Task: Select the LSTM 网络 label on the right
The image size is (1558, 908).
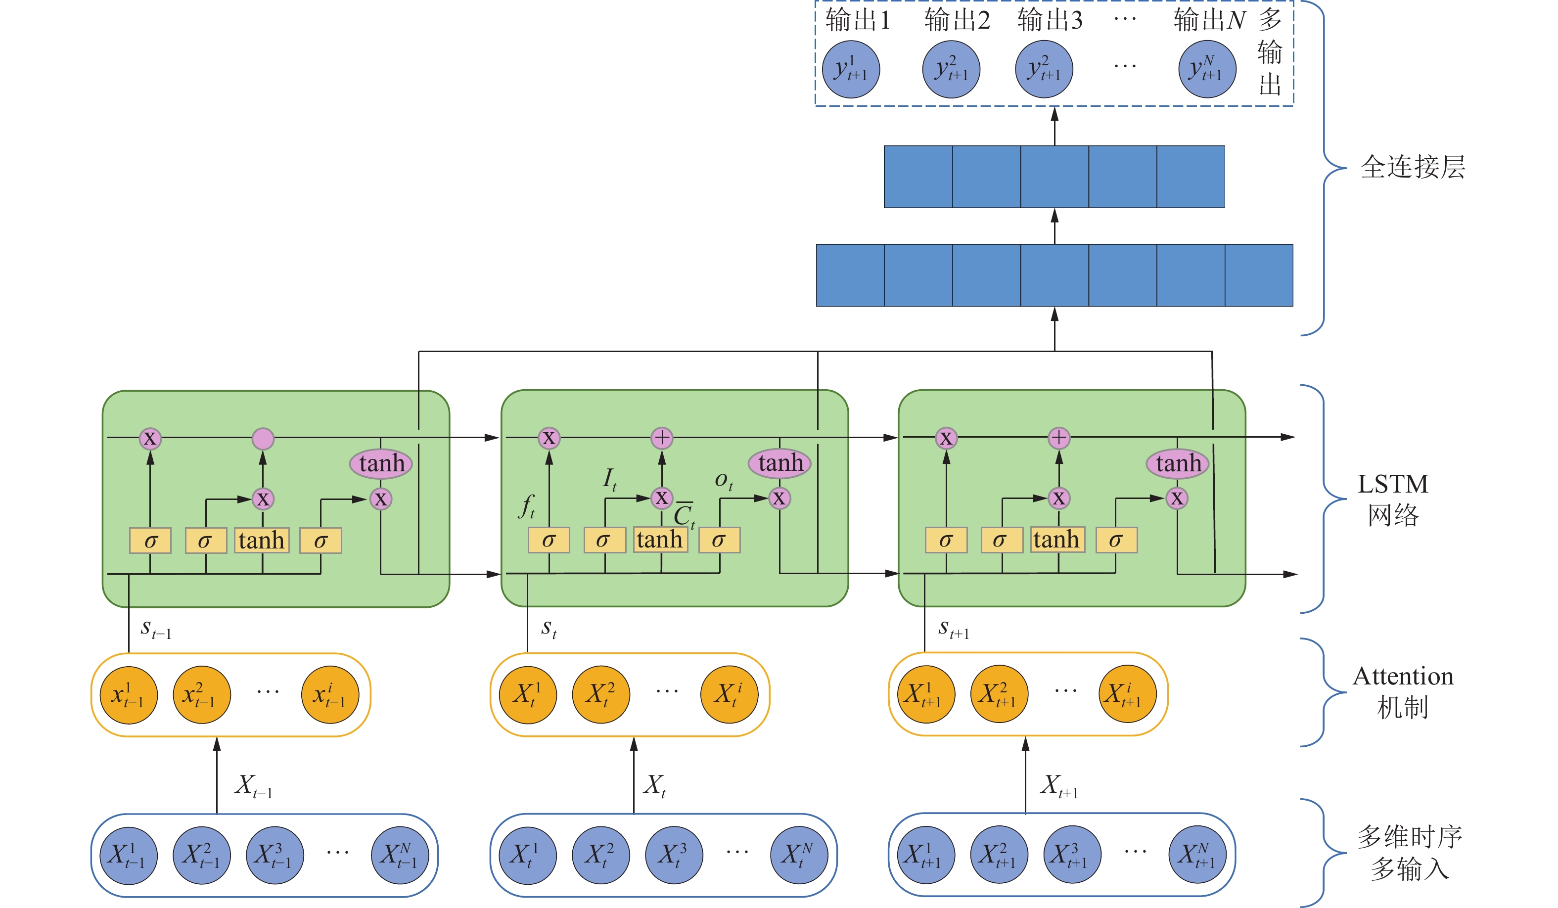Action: (x=1392, y=499)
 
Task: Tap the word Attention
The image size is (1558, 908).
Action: (x=1402, y=676)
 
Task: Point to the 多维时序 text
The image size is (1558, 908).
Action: (x=1409, y=836)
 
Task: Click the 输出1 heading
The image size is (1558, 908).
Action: (x=858, y=20)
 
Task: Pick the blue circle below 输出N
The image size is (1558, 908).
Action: (x=1207, y=69)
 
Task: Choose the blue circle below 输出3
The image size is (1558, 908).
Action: (x=1044, y=69)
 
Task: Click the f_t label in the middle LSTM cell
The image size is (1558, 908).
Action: (x=526, y=506)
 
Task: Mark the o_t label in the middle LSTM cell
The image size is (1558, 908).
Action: (x=723, y=480)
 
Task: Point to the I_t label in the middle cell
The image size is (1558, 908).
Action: (x=609, y=479)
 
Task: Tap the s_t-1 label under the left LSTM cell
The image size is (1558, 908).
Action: (x=155, y=629)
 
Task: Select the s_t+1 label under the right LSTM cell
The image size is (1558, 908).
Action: (x=954, y=629)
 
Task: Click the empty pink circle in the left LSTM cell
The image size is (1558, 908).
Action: (x=263, y=438)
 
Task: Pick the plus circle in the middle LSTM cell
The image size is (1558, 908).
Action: (x=662, y=438)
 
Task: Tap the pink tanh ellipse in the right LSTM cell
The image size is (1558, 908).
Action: (x=1178, y=463)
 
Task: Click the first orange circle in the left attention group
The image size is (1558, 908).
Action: (x=128, y=695)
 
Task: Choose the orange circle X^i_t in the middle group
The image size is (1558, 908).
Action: (x=729, y=694)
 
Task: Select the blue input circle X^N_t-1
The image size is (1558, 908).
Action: (x=400, y=856)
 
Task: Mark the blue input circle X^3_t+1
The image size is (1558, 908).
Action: (x=1072, y=855)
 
